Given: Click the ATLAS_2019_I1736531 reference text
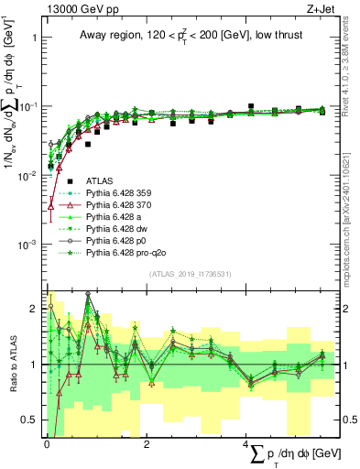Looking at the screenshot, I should [x=190, y=274].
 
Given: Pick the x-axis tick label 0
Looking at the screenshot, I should [x=47, y=443].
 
